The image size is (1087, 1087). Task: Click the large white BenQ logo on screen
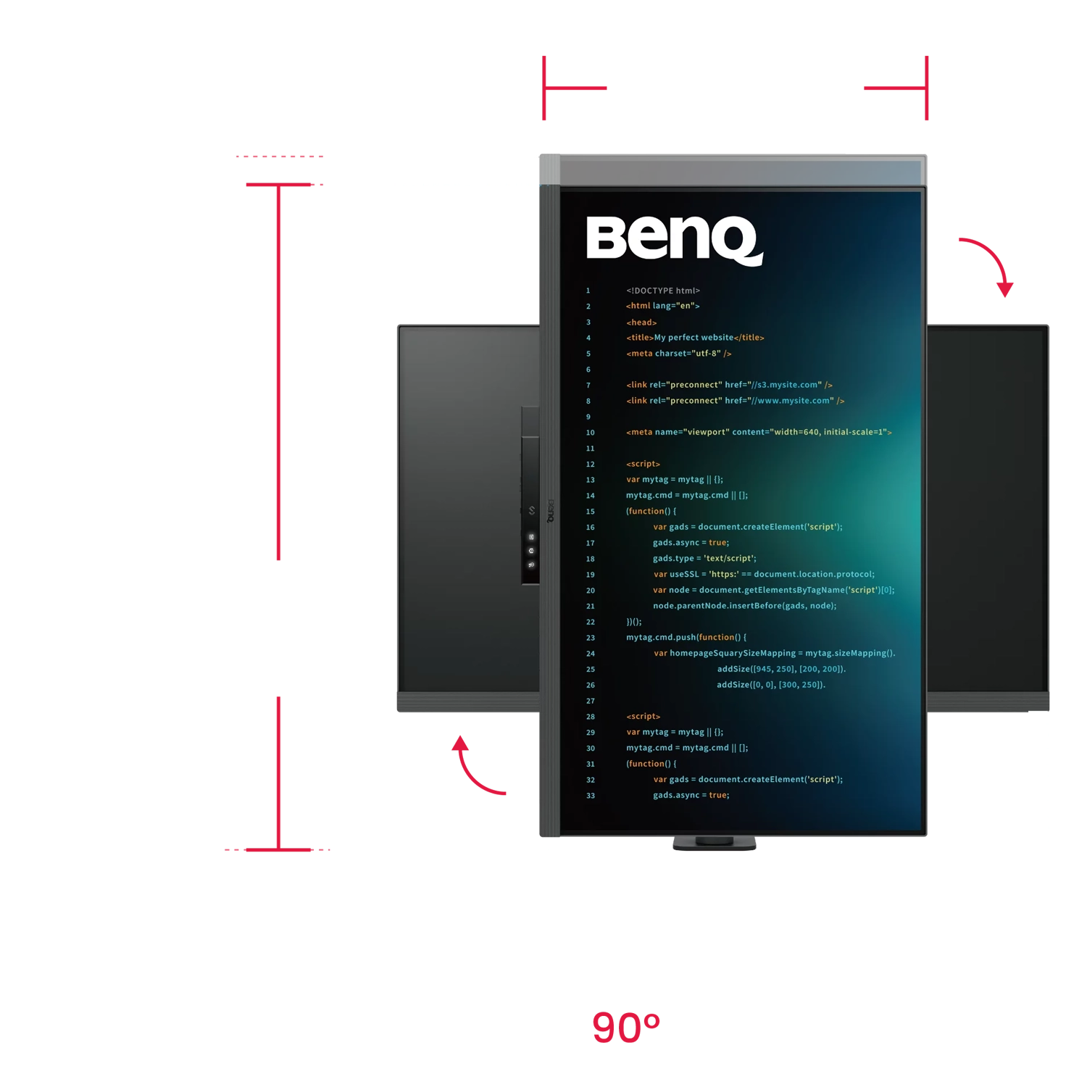pyautogui.click(x=673, y=238)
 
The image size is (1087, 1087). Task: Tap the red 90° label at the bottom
pyautogui.click(x=626, y=1026)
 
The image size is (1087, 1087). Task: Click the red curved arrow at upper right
pyautogui.click(x=990, y=262)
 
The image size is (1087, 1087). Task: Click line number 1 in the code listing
pyautogui.click(x=588, y=291)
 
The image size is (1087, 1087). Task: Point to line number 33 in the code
pyautogui.click(x=590, y=796)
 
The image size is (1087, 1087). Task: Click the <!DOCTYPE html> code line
pyautogui.click(x=663, y=291)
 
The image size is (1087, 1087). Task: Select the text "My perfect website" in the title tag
pyautogui.click(x=694, y=338)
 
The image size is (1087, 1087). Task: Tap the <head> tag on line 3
pyautogui.click(x=641, y=322)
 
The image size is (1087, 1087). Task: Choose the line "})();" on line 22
pyautogui.click(x=634, y=622)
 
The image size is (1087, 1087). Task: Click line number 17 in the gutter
pyautogui.click(x=590, y=543)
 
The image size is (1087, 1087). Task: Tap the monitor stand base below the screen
pyautogui.click(x=715, y=844)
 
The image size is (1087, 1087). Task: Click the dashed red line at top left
pyautogui.click(x=279, y=157)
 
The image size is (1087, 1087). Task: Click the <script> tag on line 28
pyautogui.click(x=643, y=717)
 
